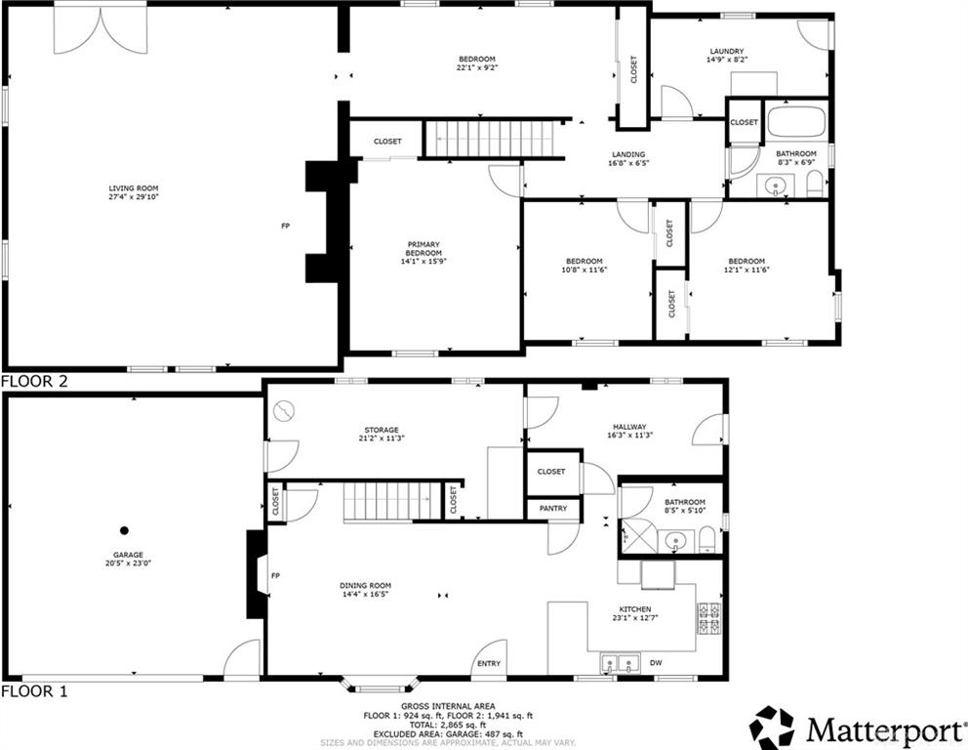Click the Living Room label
pos(134,188)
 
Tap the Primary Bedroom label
pos(423,249)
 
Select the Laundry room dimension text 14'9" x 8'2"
pos(727,60)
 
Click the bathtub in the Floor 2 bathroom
pos(796,122)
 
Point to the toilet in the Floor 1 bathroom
pos(707,542)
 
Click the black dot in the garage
pos(124,530)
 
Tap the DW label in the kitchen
pos(656,663)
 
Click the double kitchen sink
pos(620,664)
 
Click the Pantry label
pos(553,509)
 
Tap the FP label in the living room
pos(285,227)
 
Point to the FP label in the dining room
pos(275,576)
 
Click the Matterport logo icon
pos(772,728)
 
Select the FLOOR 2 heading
pos(34,381)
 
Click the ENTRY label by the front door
pos(489,663)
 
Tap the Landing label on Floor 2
pos(628,154)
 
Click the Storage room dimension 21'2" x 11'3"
pos(382,438)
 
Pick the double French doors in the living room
pos(101,29)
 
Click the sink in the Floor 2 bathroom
pos(775,186)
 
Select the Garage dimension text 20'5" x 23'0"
pos(128,563)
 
